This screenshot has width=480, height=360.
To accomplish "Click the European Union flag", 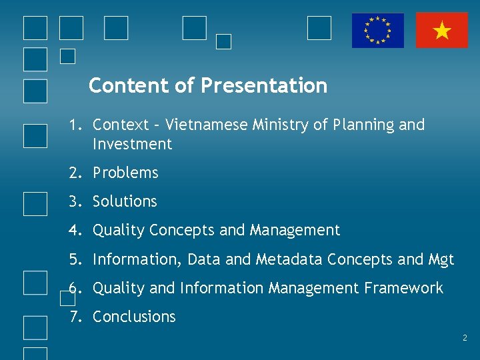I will coord(378,31).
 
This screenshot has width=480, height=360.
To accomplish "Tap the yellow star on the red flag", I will coord(442,31).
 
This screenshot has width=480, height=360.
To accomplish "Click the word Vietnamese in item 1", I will coord(207,125).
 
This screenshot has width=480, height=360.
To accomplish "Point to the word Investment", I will coord(132,144).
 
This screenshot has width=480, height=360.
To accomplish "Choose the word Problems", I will coord(125,173).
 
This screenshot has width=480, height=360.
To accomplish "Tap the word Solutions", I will coord(125,201).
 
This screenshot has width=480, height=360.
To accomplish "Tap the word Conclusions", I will coord(134,317).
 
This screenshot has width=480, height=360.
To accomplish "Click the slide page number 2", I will coord(465,339).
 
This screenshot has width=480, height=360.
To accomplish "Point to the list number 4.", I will coord(73,231).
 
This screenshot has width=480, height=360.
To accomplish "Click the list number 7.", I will coord(73,317).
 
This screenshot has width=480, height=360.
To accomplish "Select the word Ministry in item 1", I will coord(280,125).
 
